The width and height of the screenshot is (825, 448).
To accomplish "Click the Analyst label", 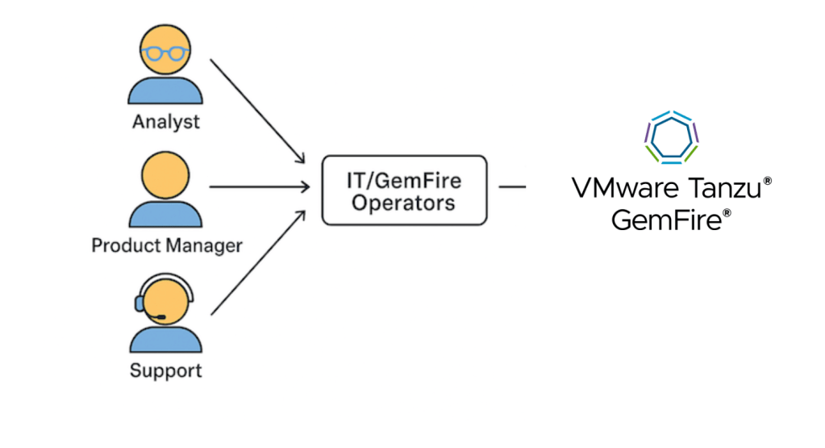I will (x=166, y=124).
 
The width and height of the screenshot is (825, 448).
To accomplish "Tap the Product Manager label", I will (x=166, y=245).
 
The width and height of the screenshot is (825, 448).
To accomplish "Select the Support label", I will (x=166, y=371).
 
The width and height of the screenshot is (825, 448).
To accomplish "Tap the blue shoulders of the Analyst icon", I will (x=165, y=90).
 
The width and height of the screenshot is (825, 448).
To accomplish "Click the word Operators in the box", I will (x=403, y=203).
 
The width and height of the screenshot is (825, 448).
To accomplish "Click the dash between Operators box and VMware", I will (x=512, y=187).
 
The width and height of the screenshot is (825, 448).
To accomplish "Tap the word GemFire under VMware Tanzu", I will (x=666, y=219).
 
